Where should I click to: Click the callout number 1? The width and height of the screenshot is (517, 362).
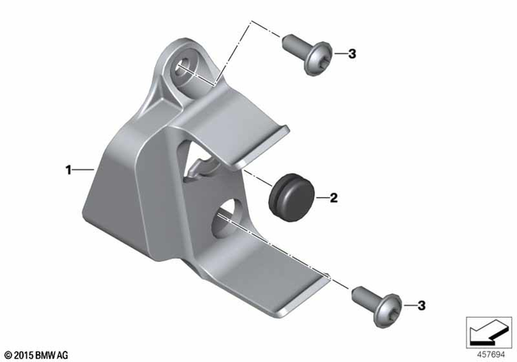pyautogui.click(x=69, y=170)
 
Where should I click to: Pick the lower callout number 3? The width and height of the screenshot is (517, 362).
pyautogui.click(x=420, y=305)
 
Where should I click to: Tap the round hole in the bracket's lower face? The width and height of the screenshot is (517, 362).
pyautogui.click(x=229, y=217)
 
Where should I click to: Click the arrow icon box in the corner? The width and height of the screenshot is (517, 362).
pyautogui.click(x=486, y=330)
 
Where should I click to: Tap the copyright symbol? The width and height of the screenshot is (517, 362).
pyautogui.click(x=7, y=354)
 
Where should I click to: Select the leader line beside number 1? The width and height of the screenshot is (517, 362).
pyautogui.click(x=84, y=170)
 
